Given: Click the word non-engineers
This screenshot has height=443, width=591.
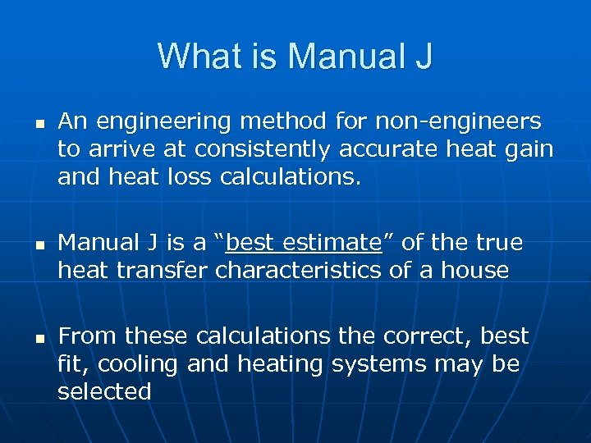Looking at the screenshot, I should pos(458,122).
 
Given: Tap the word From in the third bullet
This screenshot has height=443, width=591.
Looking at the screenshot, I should pos(85,336).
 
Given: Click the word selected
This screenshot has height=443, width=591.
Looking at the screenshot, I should pos(104,391).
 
